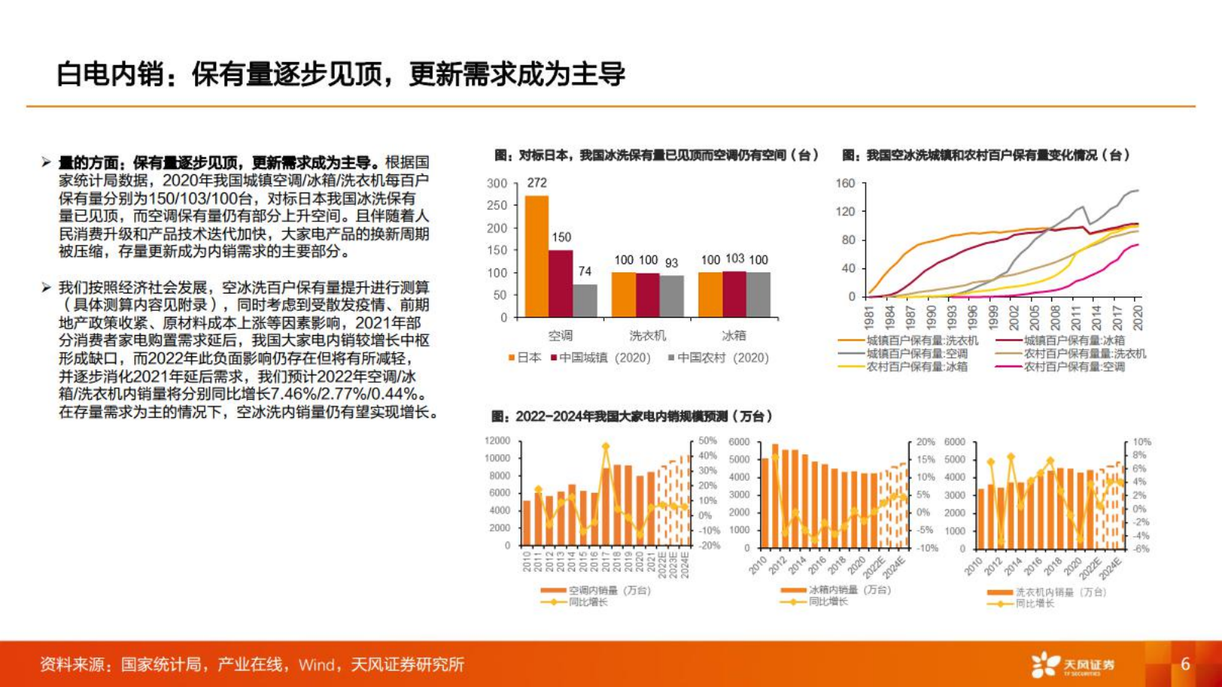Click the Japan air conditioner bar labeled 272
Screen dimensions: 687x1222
click(536, 256)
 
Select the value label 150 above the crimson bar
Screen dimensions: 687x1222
click(561, 237)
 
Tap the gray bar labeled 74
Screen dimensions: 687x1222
click(585, 300)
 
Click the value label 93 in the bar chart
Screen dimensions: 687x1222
click(671, 263)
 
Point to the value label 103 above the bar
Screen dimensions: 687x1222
click(735, 259)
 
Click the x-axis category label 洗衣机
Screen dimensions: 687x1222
click(647, 335)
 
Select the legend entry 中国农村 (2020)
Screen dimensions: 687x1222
click(718, 358)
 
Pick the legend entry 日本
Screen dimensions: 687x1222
click(524, 358)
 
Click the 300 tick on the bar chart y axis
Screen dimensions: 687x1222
click(497, 184)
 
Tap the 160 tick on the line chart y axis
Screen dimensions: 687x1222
click(845, 184)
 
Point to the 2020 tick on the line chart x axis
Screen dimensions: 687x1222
click(1137, 316)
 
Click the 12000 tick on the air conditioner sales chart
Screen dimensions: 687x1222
click(497, 441)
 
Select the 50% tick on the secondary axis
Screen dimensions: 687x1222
click(707, 441)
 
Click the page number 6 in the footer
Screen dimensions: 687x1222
click(1185, 664)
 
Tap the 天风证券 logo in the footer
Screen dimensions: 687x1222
click(1073, 664)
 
